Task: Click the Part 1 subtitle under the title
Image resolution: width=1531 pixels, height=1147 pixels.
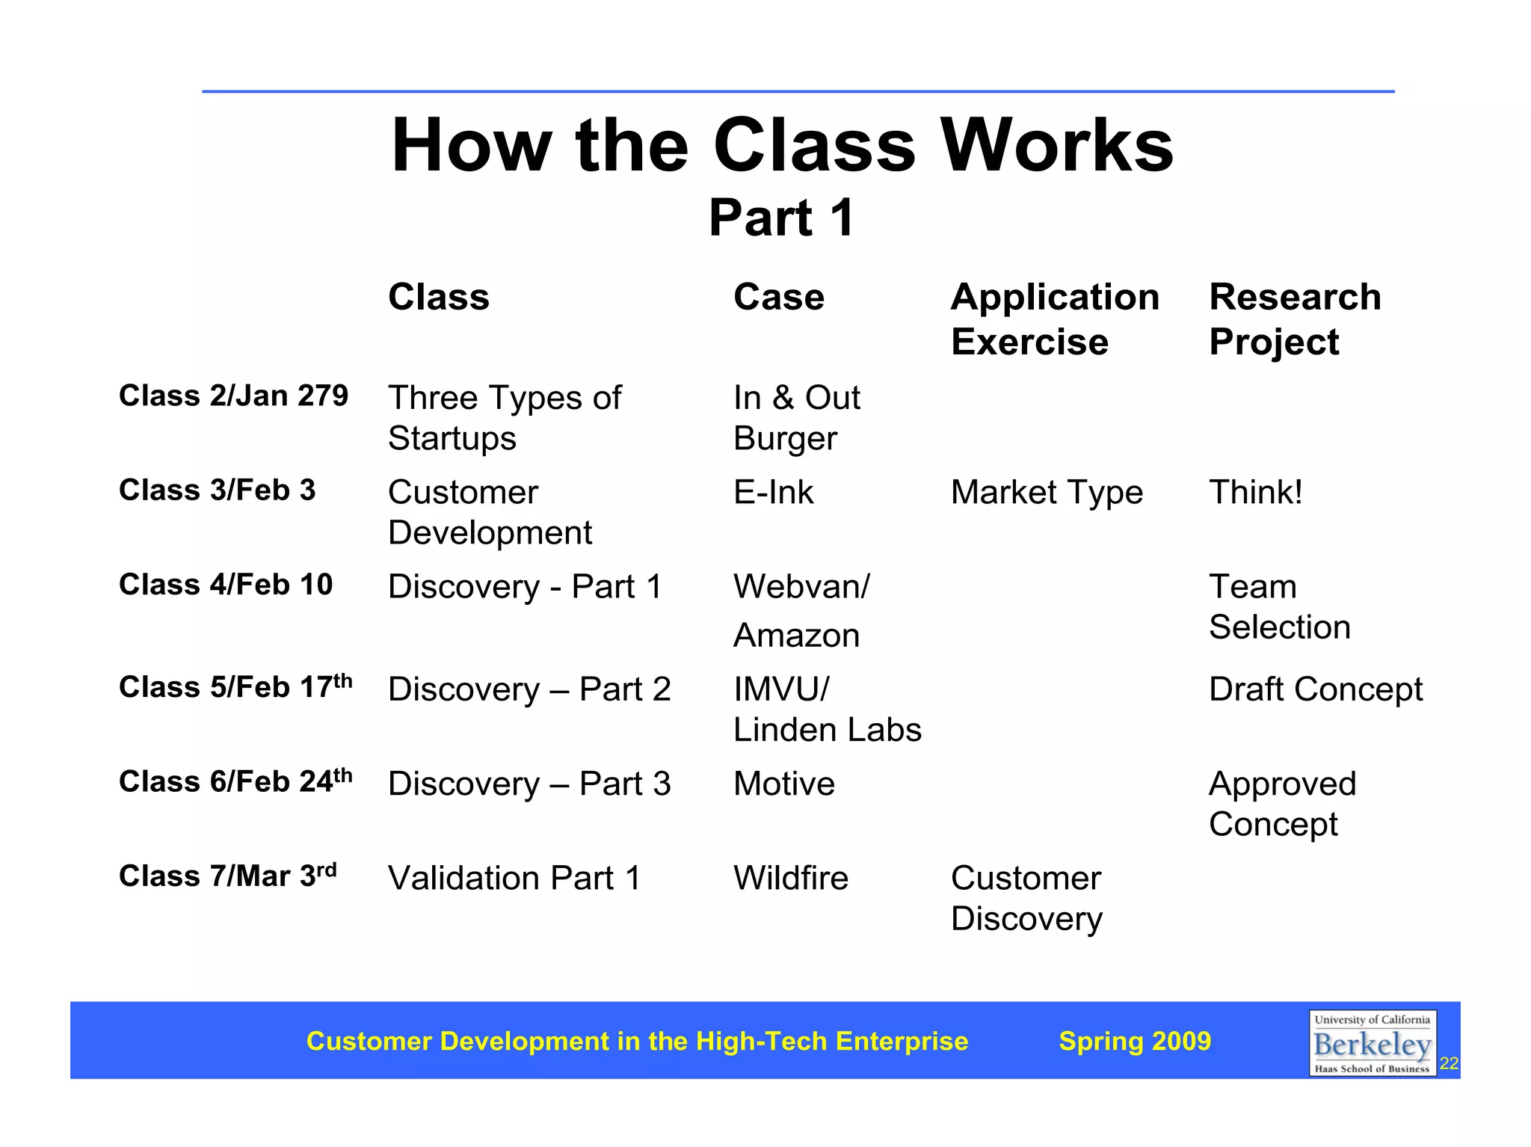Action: [781, 218]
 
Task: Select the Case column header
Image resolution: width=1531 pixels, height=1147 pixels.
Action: [778, 297]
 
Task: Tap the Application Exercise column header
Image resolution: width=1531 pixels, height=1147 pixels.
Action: [1054, 319]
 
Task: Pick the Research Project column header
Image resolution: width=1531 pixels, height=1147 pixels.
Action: [1294, 319]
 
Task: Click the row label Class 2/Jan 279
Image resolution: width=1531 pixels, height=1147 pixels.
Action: [233, 396]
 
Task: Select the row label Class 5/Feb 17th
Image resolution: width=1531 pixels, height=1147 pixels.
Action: [235, 686]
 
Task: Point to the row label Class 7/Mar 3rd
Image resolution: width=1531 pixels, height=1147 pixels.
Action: [227, 876]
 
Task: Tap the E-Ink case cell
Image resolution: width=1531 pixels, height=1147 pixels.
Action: [773, 492]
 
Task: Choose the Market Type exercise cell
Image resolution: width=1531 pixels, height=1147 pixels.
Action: [1046, 492]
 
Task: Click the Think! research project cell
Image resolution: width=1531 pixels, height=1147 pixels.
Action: [1255, 492]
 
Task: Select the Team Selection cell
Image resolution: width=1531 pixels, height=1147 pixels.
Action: [1278, 606]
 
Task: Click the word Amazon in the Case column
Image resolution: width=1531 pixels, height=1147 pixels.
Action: [796, 636]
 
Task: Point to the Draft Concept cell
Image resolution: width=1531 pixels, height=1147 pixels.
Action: [1315, 689]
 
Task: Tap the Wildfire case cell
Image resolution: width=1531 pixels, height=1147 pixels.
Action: [790, 878]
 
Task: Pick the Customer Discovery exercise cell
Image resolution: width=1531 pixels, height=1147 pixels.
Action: [1026, 898]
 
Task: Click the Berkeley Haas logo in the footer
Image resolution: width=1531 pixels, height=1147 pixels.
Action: [1372, 1043]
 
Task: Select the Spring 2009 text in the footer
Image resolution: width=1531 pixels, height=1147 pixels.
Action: [1134, 1041]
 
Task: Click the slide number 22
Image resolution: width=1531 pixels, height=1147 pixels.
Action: [1449, 1063]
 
